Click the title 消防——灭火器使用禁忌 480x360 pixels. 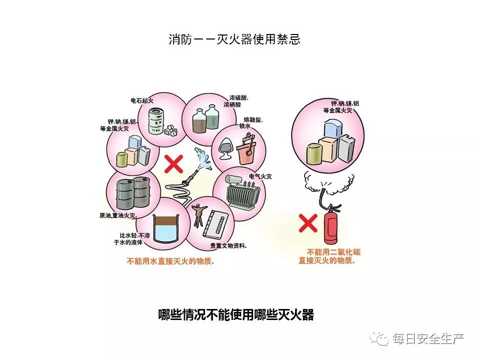[234, 39]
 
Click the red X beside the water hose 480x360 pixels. [173, 163]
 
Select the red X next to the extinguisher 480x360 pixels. [308, 223]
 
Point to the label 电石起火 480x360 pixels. [142, 101]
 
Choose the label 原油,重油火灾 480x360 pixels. [117, 216]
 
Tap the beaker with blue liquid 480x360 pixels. [167, 229]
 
